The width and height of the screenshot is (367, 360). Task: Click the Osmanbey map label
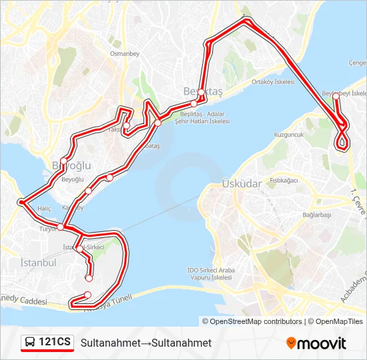(x=123, y=53)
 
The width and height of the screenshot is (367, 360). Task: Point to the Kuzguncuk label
(x=288, y=135)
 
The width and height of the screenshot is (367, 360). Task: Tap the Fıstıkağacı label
(x=284, y=181)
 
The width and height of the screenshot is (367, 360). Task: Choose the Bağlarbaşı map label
(x=317, y=215)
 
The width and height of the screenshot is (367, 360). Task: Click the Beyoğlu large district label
(x=71, y=165)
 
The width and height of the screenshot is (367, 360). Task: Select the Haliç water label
(x=45, y=209)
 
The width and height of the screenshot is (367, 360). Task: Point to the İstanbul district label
(x=38, y=263)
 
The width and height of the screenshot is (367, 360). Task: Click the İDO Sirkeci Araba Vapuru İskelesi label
(x=211, y=273)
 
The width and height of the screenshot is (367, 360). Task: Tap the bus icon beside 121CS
(x=31, y=343)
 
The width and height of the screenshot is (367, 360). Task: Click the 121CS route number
(x=55, y=343)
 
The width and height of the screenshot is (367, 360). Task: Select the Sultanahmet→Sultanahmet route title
(x=146, y=343)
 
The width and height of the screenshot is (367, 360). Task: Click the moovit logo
(x=316, y=343)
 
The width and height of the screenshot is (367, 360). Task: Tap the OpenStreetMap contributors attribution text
(x=256, y=321)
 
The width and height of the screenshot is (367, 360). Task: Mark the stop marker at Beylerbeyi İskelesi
(x=336, y=96)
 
